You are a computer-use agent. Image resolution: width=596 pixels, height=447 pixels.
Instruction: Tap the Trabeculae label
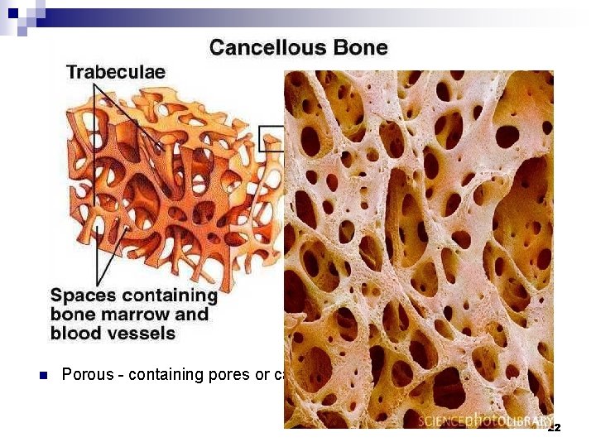116,72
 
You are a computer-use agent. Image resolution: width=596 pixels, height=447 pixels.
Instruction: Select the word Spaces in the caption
84,296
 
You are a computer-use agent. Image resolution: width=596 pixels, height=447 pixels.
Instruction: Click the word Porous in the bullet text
87,375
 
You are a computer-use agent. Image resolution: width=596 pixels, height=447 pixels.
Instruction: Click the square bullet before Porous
44,375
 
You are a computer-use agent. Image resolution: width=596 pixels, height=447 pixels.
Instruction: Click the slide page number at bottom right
554,428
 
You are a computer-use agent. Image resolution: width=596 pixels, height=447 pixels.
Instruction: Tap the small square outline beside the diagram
272,138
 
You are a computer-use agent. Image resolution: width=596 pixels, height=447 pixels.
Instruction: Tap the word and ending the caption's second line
192,315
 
